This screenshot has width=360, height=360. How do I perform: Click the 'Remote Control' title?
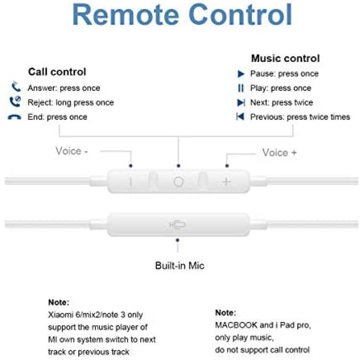click(x=182, y=15)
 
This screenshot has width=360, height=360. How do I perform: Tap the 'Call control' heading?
click(x=57, y=72)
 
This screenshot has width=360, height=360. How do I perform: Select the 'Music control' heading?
click(x=286, y=58)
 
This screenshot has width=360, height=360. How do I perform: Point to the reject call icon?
click(x=15, y=102)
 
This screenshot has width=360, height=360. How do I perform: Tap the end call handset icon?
click(x=14, y=117)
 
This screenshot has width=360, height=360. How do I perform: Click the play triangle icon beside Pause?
click(x=241, y=74)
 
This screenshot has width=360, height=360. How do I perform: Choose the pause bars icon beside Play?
click(x=241, y=88)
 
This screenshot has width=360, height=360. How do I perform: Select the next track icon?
click(x=241, y=103)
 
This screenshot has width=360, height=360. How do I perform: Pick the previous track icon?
click(x=240, y=117)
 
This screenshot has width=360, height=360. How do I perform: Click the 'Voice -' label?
click(x=72, y=151)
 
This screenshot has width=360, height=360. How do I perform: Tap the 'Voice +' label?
click(x=279, y=153)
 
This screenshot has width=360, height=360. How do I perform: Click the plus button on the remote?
click(x=227, y=182)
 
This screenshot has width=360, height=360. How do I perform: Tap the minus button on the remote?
click(x=131, y=182)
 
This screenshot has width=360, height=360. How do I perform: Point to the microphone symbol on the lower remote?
click(x=177, y=225)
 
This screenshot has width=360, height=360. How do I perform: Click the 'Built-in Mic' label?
click(x=180, y=265)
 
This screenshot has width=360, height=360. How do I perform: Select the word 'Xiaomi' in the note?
click(x=60, y=314)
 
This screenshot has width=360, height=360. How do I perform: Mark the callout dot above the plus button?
click(x=227, y=166)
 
